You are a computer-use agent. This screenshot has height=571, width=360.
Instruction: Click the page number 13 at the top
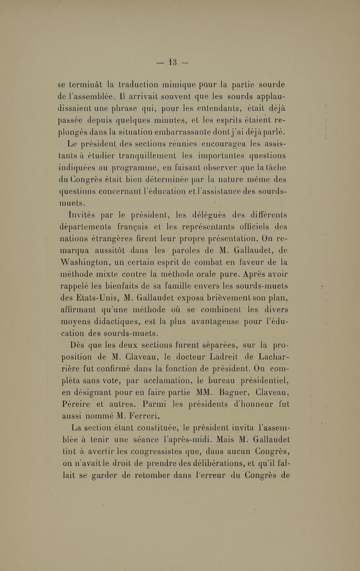tap(180, 59)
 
